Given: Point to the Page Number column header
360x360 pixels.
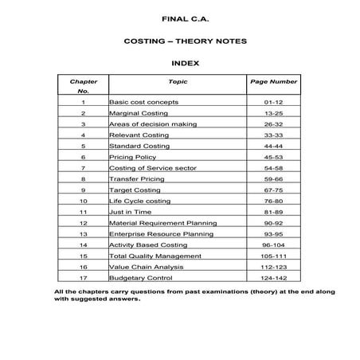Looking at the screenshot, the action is (273, 81).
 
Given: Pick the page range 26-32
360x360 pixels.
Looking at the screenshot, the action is (273, 125).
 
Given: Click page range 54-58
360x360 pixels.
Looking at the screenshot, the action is (273, 169).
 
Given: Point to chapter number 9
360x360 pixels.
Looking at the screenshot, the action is (83, 191).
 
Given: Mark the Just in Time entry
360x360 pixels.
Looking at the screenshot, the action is (130, 213).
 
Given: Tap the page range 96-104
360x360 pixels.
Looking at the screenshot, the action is (273, 246).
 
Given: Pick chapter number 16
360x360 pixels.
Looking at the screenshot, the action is (83, 268).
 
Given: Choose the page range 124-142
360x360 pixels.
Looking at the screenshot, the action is (273, 280).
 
